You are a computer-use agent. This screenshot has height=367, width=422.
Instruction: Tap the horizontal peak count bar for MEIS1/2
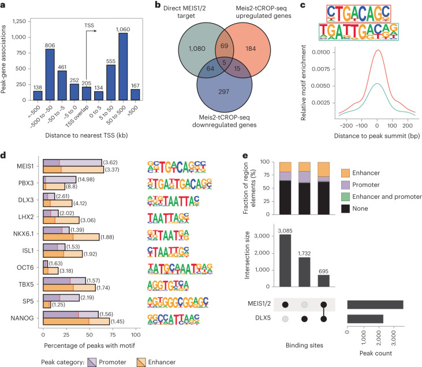coord(375,304)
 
